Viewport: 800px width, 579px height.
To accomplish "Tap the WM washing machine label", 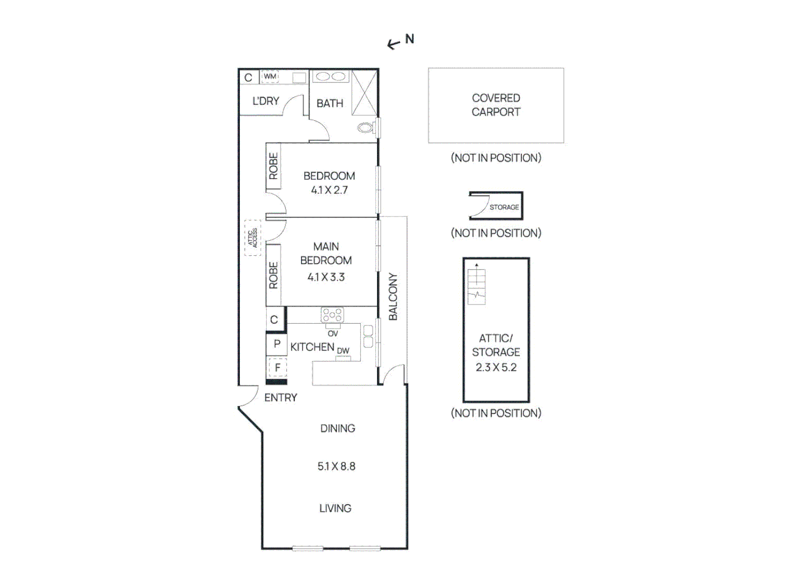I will pyautogui.click(x=270, y=77).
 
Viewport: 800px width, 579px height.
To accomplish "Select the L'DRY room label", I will pyautogui.click(x=266, y=101).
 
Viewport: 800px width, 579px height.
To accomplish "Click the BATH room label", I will pyautogui.click(x=329, y=103).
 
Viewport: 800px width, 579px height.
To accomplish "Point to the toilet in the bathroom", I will pyautogui.click(x=366, y=128).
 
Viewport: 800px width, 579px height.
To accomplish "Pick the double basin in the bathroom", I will pyautogui.click(x=330, y=77).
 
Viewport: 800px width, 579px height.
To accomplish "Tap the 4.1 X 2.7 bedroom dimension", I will pyautogui.click(x=329, y=190).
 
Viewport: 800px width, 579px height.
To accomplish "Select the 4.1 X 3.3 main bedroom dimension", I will pyautogui.click(x=326, y=277).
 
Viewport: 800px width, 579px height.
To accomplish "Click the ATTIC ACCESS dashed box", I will pyautogui.click(x=253, y=237).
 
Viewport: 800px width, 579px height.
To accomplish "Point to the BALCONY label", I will pyautogui.click(x=393, y=296).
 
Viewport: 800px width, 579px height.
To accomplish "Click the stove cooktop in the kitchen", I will pyautogui.click(x=332, y=315).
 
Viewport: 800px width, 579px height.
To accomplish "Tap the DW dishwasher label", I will pyautogui.click(x=343, y=351).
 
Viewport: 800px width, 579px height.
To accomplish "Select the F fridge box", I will pyautogui.click(x=277, y=368).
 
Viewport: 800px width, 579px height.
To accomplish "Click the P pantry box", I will pyautogui.click(x=277, y=344).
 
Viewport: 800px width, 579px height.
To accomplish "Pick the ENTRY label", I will pyautogui.click(x=281, y=398).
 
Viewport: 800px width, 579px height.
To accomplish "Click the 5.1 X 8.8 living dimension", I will pyautogui.click(x=336, y=466).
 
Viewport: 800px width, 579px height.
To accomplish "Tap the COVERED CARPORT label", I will pyautogui.click(x=496, y=105).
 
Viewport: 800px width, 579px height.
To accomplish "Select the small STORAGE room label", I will pyautogui.click(x=504, y=207).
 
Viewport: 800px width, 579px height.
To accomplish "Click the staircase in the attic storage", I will pyautogui.click(x=477, y=285).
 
